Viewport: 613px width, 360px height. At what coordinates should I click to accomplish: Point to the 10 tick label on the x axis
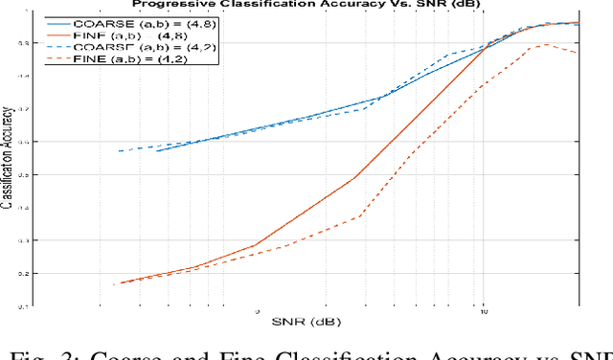pyautogui.click(x=483, y=312)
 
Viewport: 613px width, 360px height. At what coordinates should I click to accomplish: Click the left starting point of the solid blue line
pyautogui.click(x=156, y=150)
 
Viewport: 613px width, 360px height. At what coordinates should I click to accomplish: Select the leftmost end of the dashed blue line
pyautogui.click(x=118, y=151)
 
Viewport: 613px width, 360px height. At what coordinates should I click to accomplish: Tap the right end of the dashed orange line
pyautogui.click(x=578, y=53)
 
